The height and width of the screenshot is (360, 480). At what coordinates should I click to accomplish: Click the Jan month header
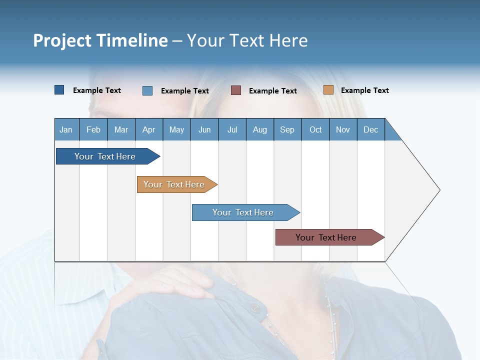tap(66, 129)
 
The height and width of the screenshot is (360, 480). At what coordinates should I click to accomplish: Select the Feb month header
tap(93, 129)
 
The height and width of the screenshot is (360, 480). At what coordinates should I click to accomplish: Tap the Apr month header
tap(149, 129)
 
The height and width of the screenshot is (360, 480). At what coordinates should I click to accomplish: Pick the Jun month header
tap(204, 129)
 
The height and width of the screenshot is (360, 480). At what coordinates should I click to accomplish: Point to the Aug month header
tap(260, 129)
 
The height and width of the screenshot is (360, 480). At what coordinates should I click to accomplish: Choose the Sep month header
tap(287, 129)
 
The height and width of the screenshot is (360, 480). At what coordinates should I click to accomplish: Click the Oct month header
tap(315, 129)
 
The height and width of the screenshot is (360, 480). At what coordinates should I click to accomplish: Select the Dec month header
tap(371, 129)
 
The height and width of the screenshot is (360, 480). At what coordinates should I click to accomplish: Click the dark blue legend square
tap(59, 90)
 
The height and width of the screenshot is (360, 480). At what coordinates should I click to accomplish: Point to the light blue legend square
tap(147, 90)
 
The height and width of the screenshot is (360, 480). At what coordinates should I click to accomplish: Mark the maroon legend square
tap(236, 90)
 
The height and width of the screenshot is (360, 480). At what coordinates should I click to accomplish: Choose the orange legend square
tap(328, 90)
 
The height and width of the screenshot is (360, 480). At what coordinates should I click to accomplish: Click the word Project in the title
tap(62, 40)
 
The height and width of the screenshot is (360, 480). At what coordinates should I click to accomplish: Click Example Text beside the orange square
tap(364, 90)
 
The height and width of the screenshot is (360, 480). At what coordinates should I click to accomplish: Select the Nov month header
tap(343, 129)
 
